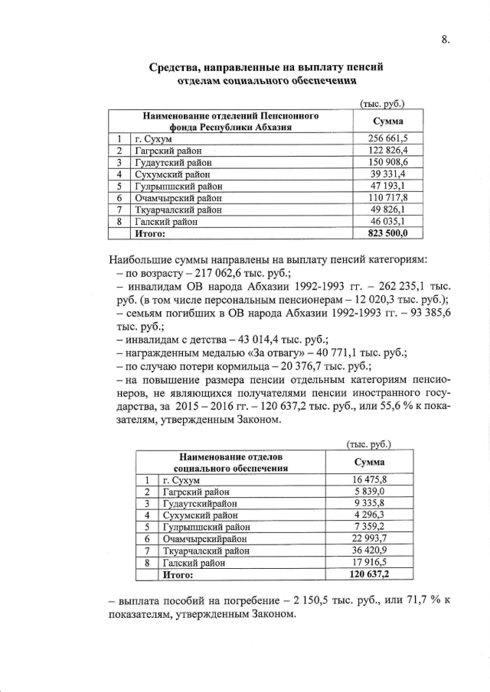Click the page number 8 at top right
click(x=444, y=39)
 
